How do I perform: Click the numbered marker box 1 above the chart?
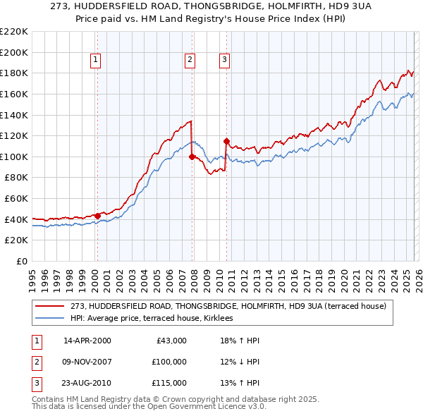95,61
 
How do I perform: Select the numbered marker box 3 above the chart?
224,61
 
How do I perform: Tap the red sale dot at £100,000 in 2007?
192,157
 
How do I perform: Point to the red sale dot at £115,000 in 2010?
226,141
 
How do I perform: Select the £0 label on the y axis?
21,262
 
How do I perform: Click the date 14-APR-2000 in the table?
87,341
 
